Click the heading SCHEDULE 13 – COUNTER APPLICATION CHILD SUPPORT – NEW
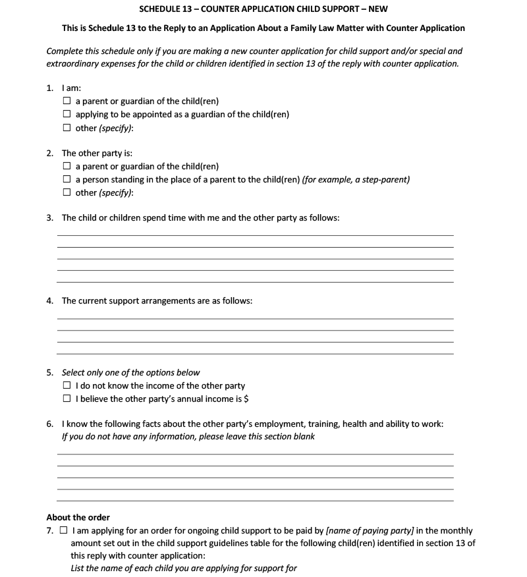point(263,9)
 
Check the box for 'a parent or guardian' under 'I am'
point(67,101)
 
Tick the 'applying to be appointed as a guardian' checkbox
point(67,114)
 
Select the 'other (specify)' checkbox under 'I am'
point(67,127)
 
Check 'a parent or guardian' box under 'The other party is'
point(67,166)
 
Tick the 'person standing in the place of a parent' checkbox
point(67,179)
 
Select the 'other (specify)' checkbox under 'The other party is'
point(67,192)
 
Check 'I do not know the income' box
point(67,385)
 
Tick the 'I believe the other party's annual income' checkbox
point(67,398)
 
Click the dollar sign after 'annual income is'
point(246,398)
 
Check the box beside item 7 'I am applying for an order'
point(63,530)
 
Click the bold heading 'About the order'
point(78,517)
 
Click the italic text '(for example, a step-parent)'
point(356,179)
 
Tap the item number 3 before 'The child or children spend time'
point(50,217)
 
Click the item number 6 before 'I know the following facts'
point(50,424)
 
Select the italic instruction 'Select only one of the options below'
point(130,372)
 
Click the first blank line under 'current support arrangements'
point(256,318)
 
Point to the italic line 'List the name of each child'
point(184,568)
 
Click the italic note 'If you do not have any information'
point(188,436)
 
